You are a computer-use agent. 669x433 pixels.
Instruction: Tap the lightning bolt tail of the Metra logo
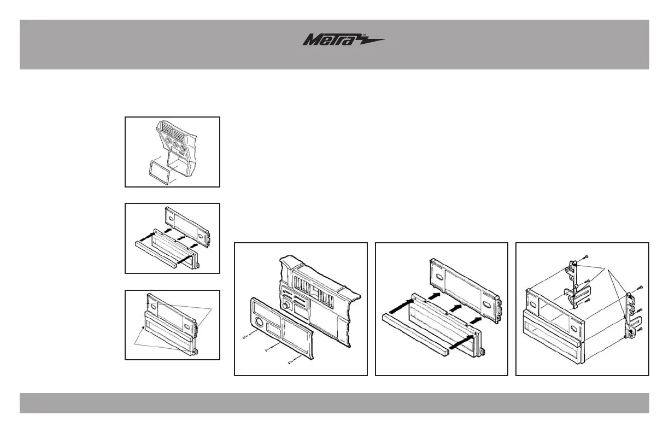(x=372, y=40)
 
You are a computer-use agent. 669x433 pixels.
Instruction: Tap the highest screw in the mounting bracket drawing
(x=585, y=256)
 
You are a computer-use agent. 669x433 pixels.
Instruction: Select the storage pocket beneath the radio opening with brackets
(x=547, y=336)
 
